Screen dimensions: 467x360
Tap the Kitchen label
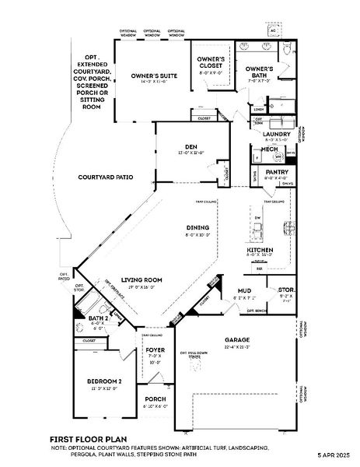259,250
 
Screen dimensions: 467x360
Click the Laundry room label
277,134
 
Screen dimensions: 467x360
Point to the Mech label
269,149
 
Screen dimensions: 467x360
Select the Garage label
237,340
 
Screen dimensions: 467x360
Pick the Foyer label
155,350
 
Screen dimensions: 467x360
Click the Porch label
156,399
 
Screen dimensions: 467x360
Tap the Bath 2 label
98,318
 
